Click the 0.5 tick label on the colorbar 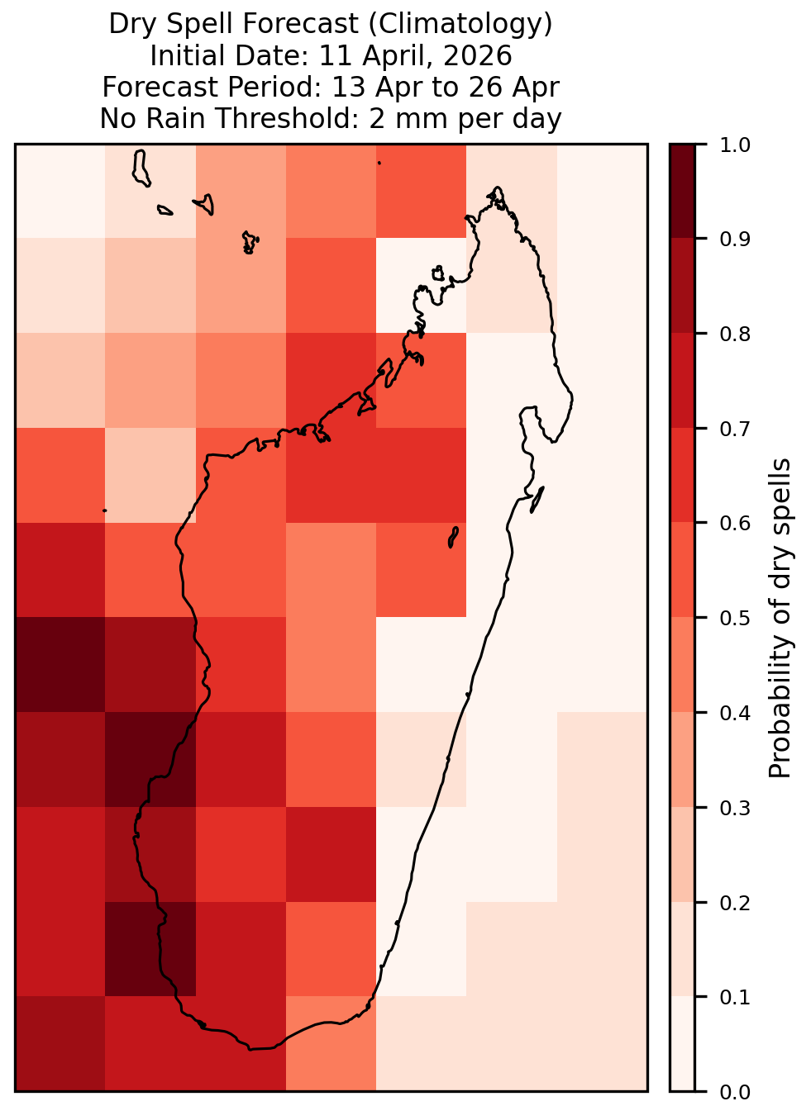pyautogui.click(x=734, y=618)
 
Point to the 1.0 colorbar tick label pyautogui.click(x=734, y=145)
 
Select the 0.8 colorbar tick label pyautogui.click(x=734, y=335)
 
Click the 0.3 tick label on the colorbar pyautogui.click(x=734, y=808)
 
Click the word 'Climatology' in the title pyautogui.click(x=460, y=23)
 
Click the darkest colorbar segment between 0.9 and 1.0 pyautogui.click(x=682, y=191)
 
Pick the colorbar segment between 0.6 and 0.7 pyautogui.click(x=682, y=475)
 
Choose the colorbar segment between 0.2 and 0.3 pyautogui.click(x=682, y=854)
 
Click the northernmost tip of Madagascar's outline pyautogui.click(x=497, y=187)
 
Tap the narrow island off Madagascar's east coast pyautogui.click(x=537, y=499)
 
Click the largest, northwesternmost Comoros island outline pyautogui.click(x=141, y=169)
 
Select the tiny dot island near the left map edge pyautogui.click(x=104, y=510)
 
